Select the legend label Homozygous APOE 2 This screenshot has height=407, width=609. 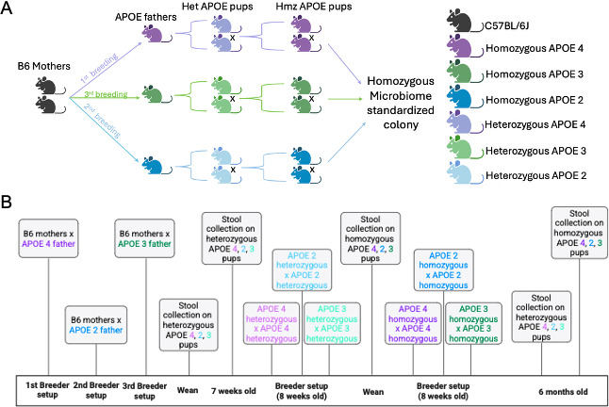[x=535, y=100]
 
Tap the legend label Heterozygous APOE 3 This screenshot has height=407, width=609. [x=535, y=151]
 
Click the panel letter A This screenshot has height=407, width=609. [x=7, y=8]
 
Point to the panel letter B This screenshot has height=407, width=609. [x=7, y=202]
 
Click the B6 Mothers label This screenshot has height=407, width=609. [x=44, y=66]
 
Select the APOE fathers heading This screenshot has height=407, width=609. [x=145, y=17]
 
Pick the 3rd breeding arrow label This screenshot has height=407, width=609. [x=106, y=94]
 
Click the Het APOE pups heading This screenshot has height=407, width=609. [x=218, y=7]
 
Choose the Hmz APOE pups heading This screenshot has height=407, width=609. [x=314, y=7]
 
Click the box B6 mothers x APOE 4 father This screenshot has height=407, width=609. [x=48, y=238]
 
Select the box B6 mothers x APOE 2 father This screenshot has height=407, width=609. [x=96, y=325]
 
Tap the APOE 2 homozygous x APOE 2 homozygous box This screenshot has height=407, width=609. [x=443, y=270]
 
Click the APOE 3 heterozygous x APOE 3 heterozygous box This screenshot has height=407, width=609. [x=332, y=323]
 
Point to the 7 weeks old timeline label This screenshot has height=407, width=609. [x=234, y=391]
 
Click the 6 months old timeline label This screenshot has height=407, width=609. [x=563, y=392]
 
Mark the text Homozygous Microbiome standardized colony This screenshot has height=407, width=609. [x=401, y=103]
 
